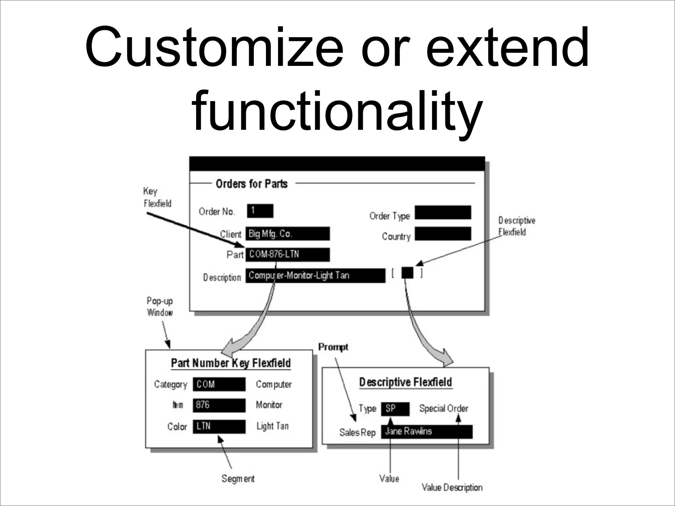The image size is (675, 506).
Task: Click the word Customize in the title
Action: [x=214, y=48]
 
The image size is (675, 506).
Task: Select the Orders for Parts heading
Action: [x=251, y=184]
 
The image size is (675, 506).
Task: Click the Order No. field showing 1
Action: [x=260, y=211]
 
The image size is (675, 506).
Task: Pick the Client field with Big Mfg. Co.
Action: [x=287, y=234]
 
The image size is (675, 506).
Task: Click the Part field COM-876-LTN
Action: [x=287, y=254]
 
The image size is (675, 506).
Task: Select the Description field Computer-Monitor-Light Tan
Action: [x=315, y=275]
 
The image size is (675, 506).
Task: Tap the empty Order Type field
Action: [x=443, y=212]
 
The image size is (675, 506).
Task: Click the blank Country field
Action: [x=443, y=234]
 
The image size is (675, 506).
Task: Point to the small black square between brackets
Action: [x=407, y=273]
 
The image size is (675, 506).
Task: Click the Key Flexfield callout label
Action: [x=157, y=197]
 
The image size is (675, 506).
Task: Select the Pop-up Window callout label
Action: [x=160, y=307]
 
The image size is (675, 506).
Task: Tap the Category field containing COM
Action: [x=219, y=384]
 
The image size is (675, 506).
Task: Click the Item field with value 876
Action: [x=219, y=405]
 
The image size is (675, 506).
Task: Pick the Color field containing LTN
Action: [x=219, y=426]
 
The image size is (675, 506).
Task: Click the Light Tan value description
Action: [x=273, y=426]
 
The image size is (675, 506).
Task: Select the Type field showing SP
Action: [x=395, y=409]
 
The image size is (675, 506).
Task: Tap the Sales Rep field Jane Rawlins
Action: [x=426, y=432]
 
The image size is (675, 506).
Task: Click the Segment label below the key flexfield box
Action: [x=238, y=478]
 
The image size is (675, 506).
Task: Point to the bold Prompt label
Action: [x=333, y=347]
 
